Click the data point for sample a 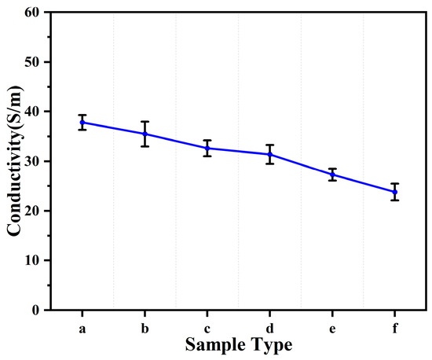(82, 122)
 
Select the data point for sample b (145, 134)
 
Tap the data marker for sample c (207, 148)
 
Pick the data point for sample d (270, 154)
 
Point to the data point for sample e (333, 174)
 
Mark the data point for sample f (395, 192)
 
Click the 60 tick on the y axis (31, 12)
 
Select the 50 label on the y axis (31, 61)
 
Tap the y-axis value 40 (31, 111)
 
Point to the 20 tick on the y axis (31, 211)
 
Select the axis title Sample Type (239, 345)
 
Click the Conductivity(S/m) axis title (13, 161)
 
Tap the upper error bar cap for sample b (145, 122)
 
